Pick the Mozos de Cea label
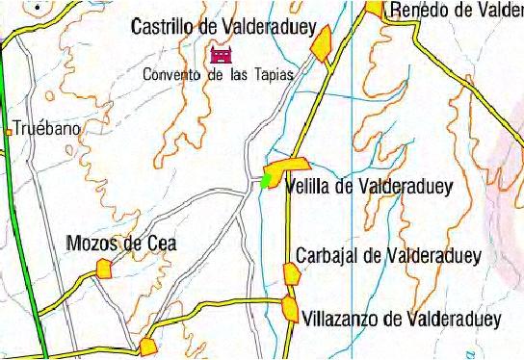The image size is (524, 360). click(x=121, y=244)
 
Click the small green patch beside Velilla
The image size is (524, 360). click(x=265, y=179)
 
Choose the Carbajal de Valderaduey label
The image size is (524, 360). click(x=388, y=256)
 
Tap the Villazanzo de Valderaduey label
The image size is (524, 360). click(x=402, y=319)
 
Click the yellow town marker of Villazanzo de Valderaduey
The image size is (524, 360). click(x=290, y=309)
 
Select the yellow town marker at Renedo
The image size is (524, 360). click(x=376, y=8)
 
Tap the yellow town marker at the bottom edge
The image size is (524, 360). click(x=148, y=347)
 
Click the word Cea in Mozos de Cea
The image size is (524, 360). click(x=162, y=244)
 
